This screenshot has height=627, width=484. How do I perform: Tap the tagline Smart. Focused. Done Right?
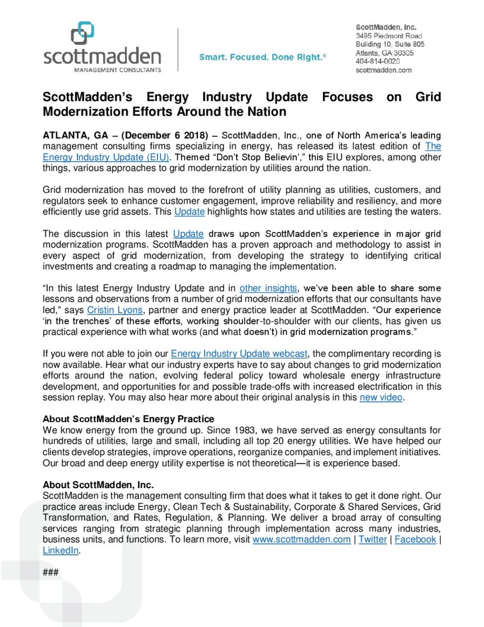[262, 57]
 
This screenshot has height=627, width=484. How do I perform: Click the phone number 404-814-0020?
[377, 61]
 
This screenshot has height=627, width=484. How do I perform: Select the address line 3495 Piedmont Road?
[389, 36]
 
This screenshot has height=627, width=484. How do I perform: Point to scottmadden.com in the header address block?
[383, 70]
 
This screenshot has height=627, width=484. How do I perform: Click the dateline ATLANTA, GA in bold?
[75, 135]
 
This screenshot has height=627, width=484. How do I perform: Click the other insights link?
[268, 288]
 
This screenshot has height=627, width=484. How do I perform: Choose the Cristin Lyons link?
[115, 310]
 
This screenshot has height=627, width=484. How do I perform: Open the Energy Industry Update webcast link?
[239, 354]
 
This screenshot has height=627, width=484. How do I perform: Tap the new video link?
[381, 398]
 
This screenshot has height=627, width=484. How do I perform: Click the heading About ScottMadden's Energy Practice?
[128, 419]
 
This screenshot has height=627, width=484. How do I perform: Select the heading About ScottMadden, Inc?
[98, 485]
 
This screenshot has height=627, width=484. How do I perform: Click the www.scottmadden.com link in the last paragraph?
[301, 539]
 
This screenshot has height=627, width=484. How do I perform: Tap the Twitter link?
[372, 539]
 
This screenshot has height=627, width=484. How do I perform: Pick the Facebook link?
[415, 539]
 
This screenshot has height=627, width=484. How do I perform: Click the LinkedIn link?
[60, 550]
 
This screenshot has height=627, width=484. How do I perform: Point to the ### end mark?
[50, 572]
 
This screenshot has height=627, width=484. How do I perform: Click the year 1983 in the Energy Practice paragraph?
[244, 430]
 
